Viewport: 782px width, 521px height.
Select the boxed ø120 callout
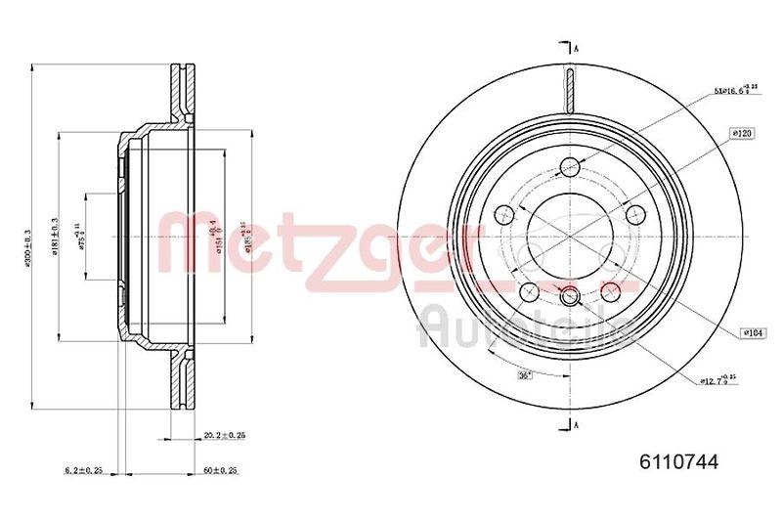pos(740,131)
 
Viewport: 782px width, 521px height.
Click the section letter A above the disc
pos(578,49)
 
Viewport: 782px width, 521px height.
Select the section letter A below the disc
pos(578,423)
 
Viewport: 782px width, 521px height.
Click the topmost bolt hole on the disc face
pos(570,168)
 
